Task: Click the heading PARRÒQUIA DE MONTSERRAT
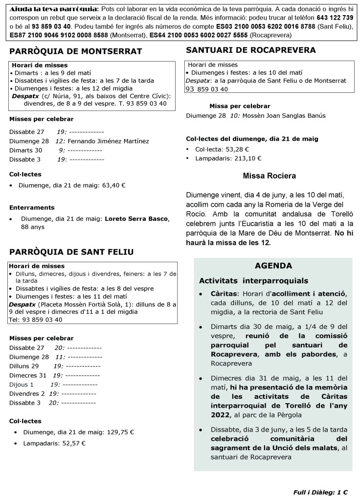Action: point(75,51)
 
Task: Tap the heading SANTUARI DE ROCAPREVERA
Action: point(251,50)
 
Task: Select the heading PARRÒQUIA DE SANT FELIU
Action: point(71,252)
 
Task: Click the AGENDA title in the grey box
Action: point(273,266)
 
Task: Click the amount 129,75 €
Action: point(120,432)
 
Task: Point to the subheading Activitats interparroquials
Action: point(253,281)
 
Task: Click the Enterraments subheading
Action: point(32,207)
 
